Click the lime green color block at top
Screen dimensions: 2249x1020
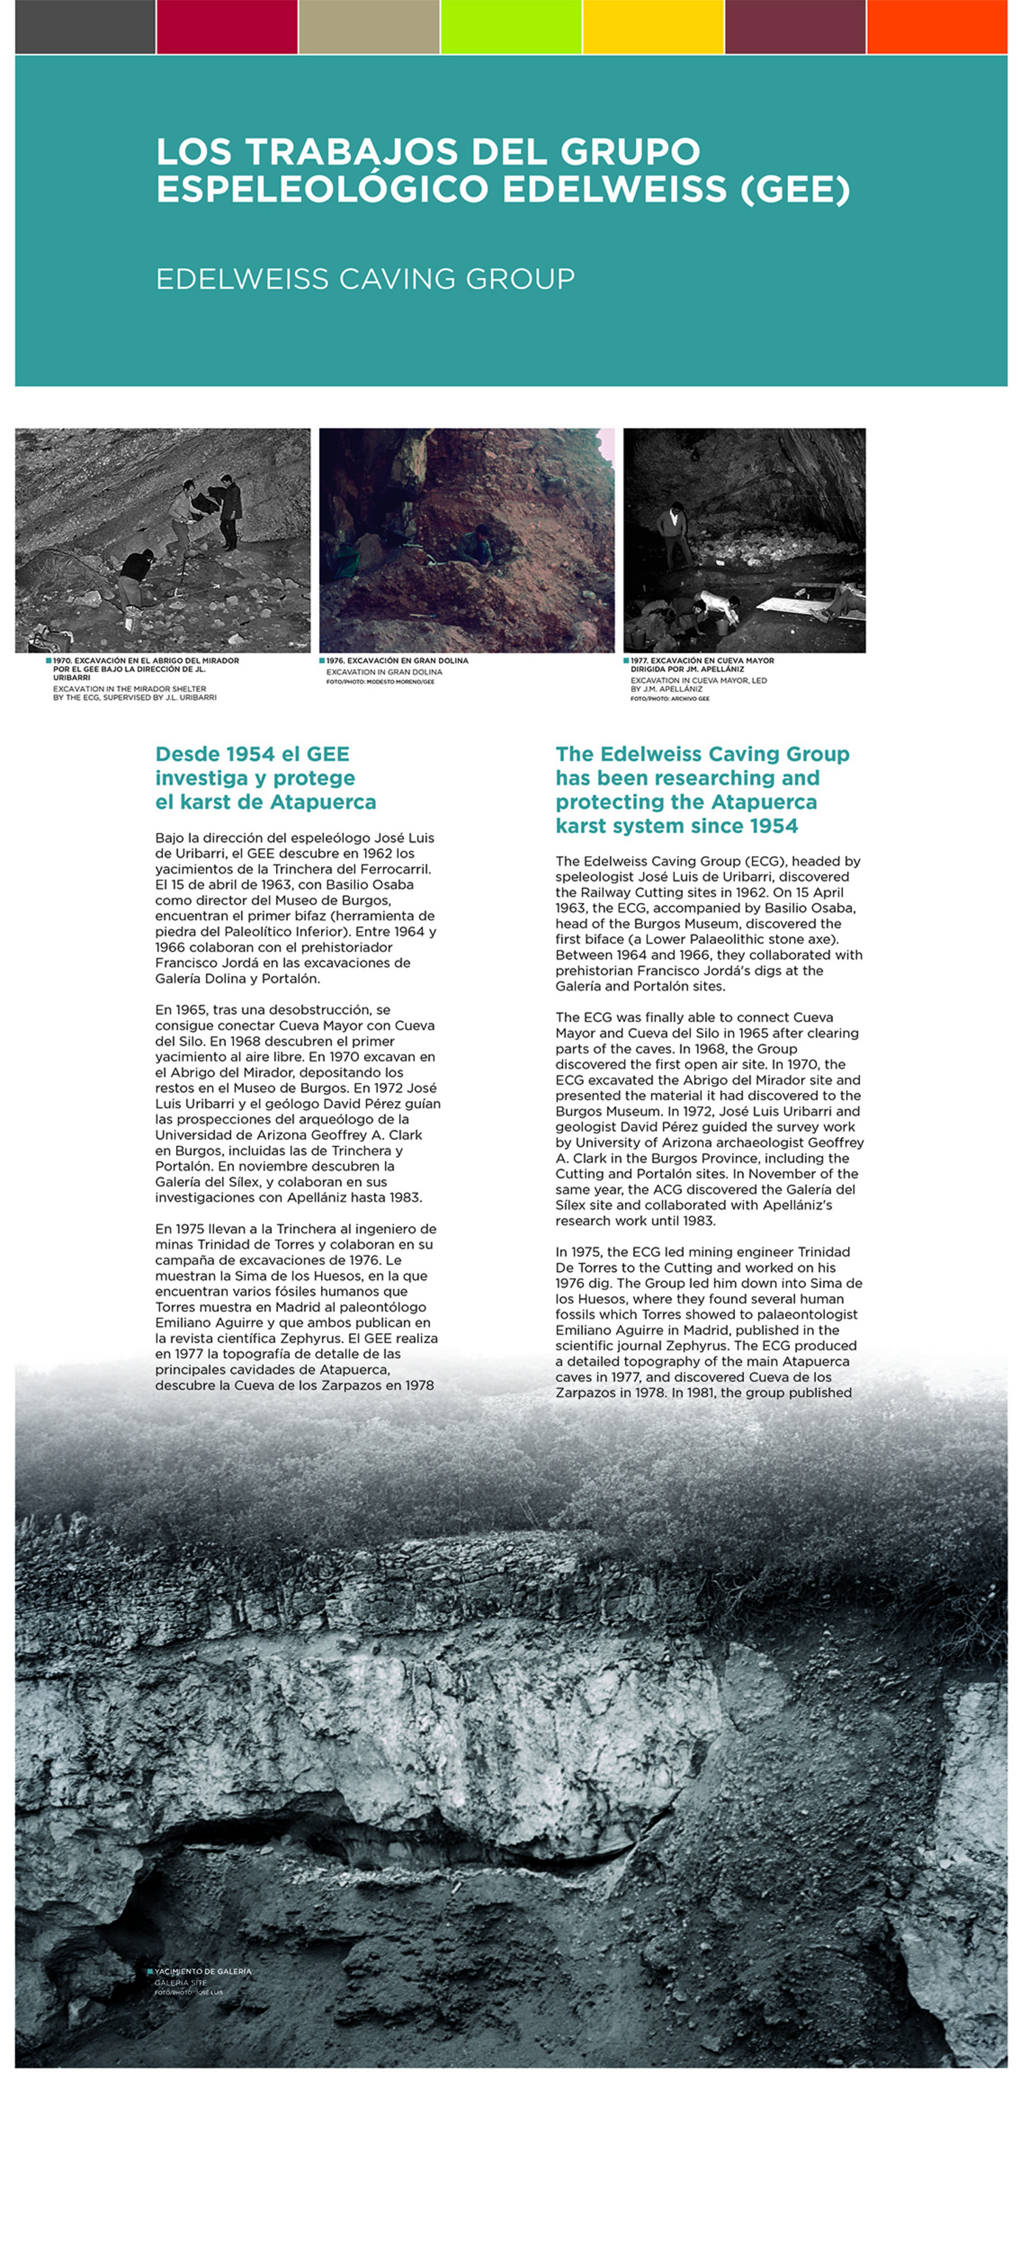[x=511, y=27]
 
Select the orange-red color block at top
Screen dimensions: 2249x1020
[x=936, y=27]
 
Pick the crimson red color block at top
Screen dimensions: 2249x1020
[x=227, y=27]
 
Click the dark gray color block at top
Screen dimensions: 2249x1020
[x=85, y=27]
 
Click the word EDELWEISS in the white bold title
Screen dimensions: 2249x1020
[x=614, y=190]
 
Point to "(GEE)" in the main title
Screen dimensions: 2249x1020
[x=795, y=190]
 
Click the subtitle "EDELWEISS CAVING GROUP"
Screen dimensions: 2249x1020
[x=365, y=279]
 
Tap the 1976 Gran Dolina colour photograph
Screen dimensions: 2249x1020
[x=466, y=539]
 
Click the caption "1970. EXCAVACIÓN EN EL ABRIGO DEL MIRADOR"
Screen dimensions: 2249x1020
[x=146, y=661]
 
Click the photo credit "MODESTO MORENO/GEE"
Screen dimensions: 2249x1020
[x=394, y=682]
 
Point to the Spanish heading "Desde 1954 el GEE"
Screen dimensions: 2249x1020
[x=252, y=754]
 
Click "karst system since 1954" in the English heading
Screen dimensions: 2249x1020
[x=677, y=826]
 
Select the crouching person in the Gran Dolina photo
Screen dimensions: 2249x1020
[x=477, y=545]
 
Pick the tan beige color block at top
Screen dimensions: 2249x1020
[x=369, y=27]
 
